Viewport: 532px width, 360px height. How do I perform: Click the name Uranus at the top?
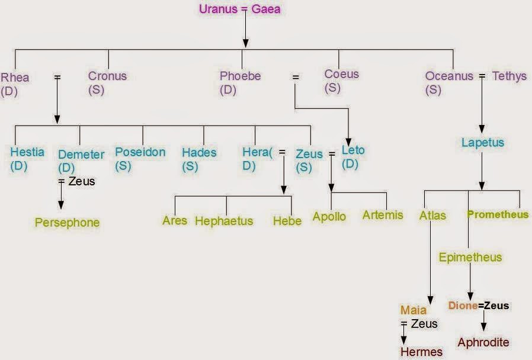pos(216,9)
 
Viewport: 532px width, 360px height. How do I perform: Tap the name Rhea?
pos(15,78)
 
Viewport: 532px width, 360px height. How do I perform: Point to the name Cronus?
pos(107,76)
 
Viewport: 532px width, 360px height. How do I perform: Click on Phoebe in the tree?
pos(240,76)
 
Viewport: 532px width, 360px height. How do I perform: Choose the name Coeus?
pos(341,74)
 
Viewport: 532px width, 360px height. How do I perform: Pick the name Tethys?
pos(509,76)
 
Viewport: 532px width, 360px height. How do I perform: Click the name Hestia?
pos(27,152)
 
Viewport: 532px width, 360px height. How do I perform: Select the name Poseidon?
pos(140,152)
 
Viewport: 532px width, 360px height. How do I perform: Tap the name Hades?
pos(199,152)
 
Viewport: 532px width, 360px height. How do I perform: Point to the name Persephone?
pos(67,223)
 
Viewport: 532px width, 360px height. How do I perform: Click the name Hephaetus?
pos(224,221)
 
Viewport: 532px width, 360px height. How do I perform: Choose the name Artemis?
pos(383,214)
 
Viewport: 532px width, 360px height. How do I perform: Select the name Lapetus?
pos(482,143)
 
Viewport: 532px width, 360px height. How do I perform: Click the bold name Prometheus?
pos(498,214)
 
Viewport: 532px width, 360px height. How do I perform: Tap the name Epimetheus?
pos(470,257)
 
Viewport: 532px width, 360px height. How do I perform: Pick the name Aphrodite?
pos(483,342)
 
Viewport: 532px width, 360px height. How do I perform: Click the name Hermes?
pos(421,352)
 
